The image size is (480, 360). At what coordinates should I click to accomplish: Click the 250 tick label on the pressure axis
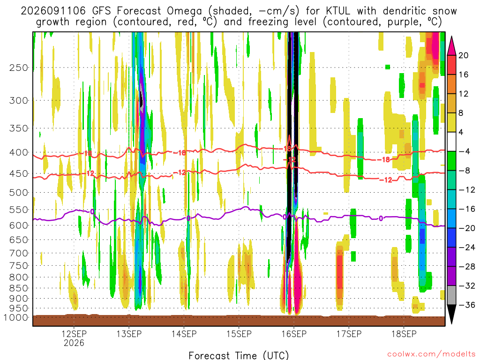pyautogui.click(x=19, y=67)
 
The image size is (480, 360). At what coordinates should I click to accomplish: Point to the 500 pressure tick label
pyautogui.click(x=19, y=193)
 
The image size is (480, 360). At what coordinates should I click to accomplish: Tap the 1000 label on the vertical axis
pyautogui.click(x=15, y=317)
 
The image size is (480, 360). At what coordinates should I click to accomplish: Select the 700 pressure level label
pyautogui.click(x=19, y=253)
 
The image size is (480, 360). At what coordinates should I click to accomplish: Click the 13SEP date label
pyautogui.click(x=129, y=334)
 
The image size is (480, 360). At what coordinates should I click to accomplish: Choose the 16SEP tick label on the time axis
pyautogui.click(x=294, y=334)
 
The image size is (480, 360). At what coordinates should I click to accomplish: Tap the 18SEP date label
pyautogui.click(x=404, y=334)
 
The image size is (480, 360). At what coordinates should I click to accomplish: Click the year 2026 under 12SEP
pyautogui.click(x=74, y=343)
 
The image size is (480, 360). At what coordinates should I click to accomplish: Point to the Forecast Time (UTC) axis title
pyautogui.click(x=239, y=355)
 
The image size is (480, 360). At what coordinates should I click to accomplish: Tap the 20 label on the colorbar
pyautogui.click(x=463, y=55)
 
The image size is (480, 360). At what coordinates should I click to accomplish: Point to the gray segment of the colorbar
pyautogui.click(x=451, y=295)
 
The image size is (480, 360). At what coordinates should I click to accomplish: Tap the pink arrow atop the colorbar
pyautogui.click(x=451, y=46)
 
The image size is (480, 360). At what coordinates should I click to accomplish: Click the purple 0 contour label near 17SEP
pyautogui.click(x=381, y=218)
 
